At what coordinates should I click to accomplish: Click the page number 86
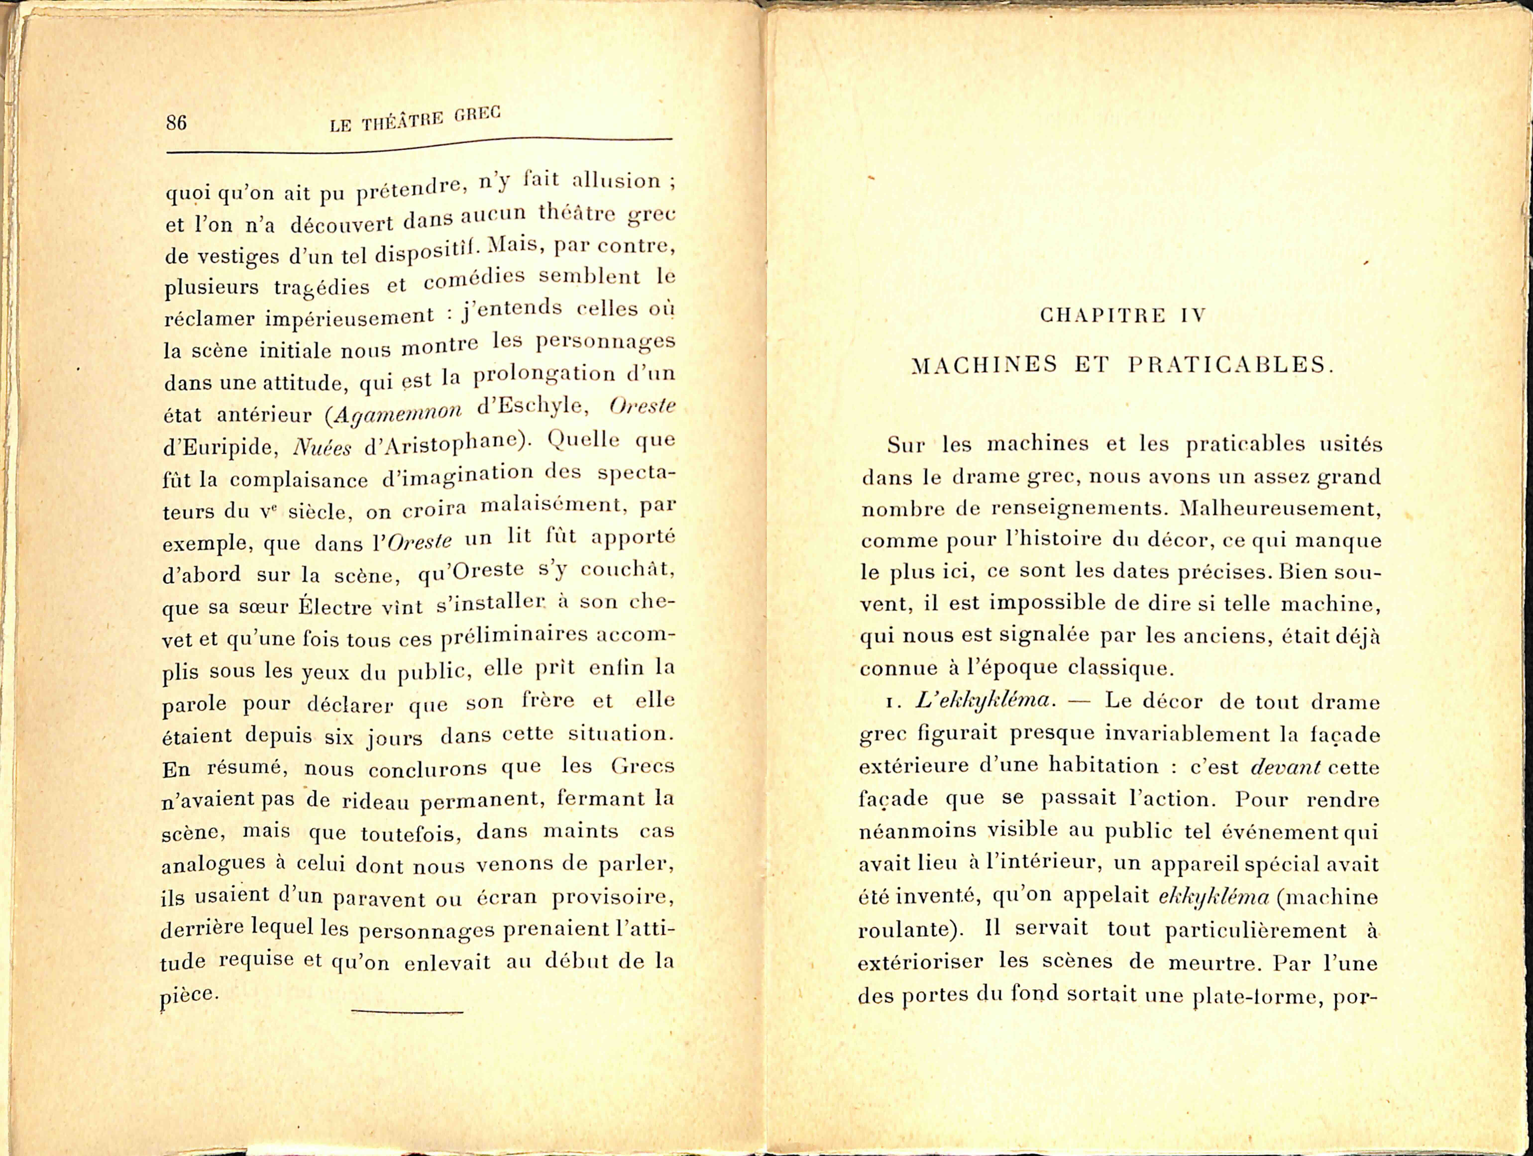coord(176,123)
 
